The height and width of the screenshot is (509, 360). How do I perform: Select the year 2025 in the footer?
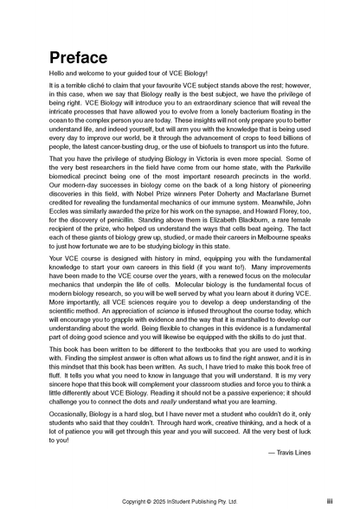coord(165,500)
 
